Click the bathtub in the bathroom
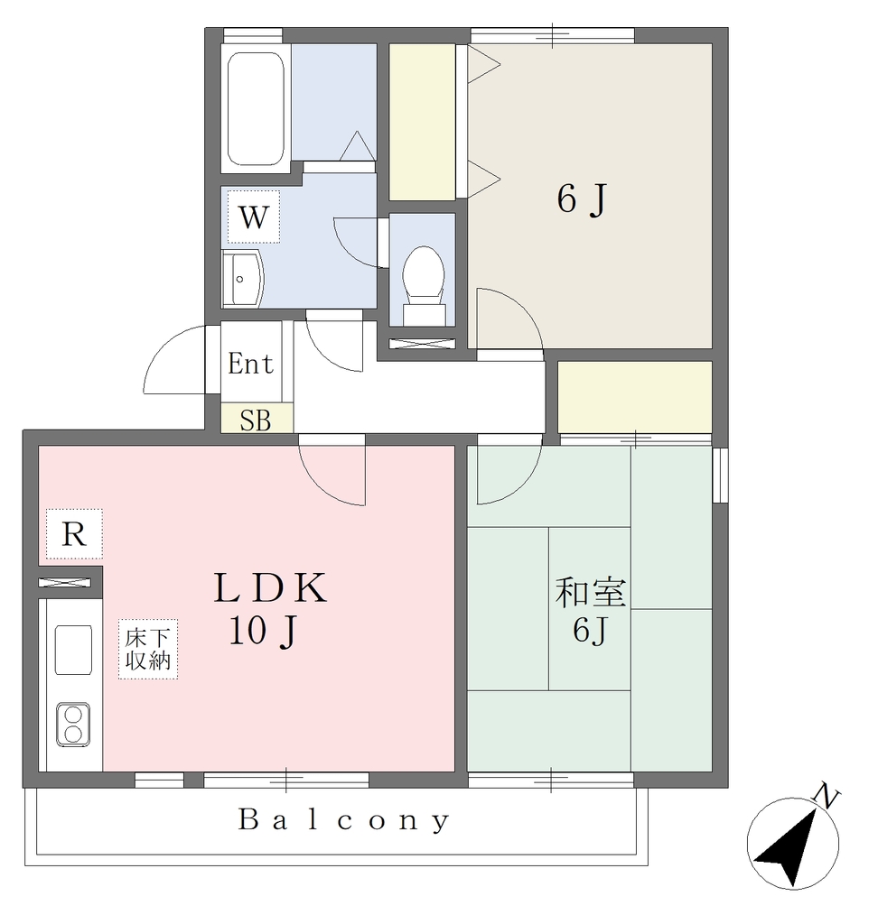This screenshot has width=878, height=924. click(x=256, y=108)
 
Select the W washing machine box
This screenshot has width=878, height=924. click(x=254, y=217)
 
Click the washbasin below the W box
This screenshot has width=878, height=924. click(x=242, y=278)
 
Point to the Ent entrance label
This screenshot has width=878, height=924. click(x=250, y=364)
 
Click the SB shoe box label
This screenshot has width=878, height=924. click(x=256, y=420)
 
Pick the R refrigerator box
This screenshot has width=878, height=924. click(x=74, y=534)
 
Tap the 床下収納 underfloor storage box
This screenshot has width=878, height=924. click(x=148, y=649)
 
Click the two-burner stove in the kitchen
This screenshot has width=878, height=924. click(x=73, y=725)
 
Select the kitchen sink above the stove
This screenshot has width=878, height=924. click(x=73, y=650)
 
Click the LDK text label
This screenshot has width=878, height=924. click(x=270, y=587)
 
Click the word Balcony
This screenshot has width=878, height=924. click(x=344, y=821)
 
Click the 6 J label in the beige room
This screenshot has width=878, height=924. click(x=581, y=199)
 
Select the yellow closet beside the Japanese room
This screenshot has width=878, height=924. click(x=635, y=397)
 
